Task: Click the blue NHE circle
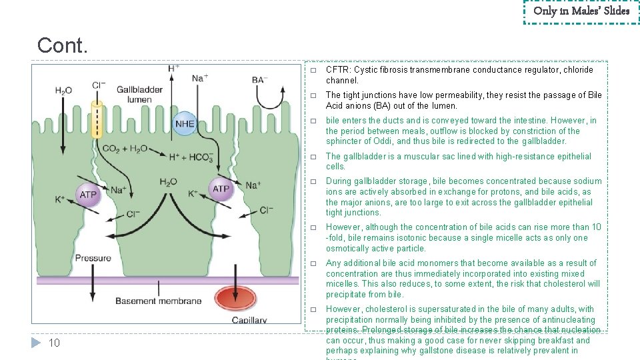pos(185,124)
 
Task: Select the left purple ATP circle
pos(88,194)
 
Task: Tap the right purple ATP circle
pos(221,189)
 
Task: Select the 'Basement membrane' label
pos(158,301)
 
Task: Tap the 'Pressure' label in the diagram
pos(93,258)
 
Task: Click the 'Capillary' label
pos(249,320)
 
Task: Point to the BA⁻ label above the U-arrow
pos(259,80)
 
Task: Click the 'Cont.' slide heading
pos(62,45)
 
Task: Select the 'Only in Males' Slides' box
pos(581,11)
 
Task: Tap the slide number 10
pos(55,343)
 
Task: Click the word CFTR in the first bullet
pos(338,70)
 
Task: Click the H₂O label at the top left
pos(64,91)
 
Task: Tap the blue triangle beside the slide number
pos(37,343)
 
